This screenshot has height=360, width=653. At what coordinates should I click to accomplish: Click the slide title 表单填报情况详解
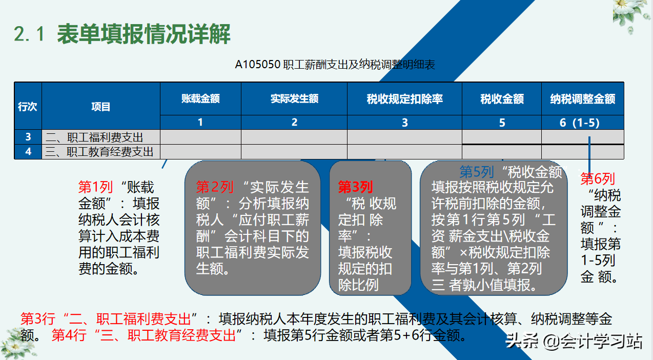pyautogui.click(x=144, y=34)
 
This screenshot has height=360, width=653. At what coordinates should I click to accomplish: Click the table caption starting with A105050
pyautogui.click(x=335, y=65)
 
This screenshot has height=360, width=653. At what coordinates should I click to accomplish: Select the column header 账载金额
pyautogui.click(x=200, y=98)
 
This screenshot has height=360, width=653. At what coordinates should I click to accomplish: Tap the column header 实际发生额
pyautogui.click(x=294, y=98)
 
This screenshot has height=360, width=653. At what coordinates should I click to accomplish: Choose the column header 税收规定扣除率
pyautogui.click(x=404, y=98)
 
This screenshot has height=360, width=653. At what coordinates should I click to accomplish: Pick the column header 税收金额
pyautogui.click(x=502, y=98)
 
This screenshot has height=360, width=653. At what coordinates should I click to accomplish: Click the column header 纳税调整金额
pyautogui.click(x=583, y=98)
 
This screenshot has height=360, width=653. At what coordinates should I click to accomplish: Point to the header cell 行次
pyautogui.click(x=28, y=107)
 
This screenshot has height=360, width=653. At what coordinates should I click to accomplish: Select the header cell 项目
pyautogui.click(x=101, y=107)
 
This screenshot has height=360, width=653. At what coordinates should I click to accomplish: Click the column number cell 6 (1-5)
pyautogui.click(x=583, y=123)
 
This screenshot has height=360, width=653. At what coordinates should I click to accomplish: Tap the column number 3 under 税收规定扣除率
pyautogui.click(x=404, y=123)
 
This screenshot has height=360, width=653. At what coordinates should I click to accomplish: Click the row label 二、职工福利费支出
pyautogui.click(x=94, y=137)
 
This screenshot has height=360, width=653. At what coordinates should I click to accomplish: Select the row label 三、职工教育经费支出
pyautogui.click(x=99, y=152)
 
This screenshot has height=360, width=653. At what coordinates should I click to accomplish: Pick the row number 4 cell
pyautogui.click(x=28, y=152)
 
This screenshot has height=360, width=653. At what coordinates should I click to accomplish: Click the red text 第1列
pyautogui.click(x=95, y=187)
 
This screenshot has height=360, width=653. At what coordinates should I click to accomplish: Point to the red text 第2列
pyautogui.click(x=214, y=187)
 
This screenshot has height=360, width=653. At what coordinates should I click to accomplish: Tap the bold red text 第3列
pyautogui.click(x=355, y=187)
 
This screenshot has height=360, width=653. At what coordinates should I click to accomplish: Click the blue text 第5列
pyautogui.click(x=477, y=172)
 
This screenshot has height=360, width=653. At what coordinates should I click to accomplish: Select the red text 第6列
pyautogui.click(x=597, y=178)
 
